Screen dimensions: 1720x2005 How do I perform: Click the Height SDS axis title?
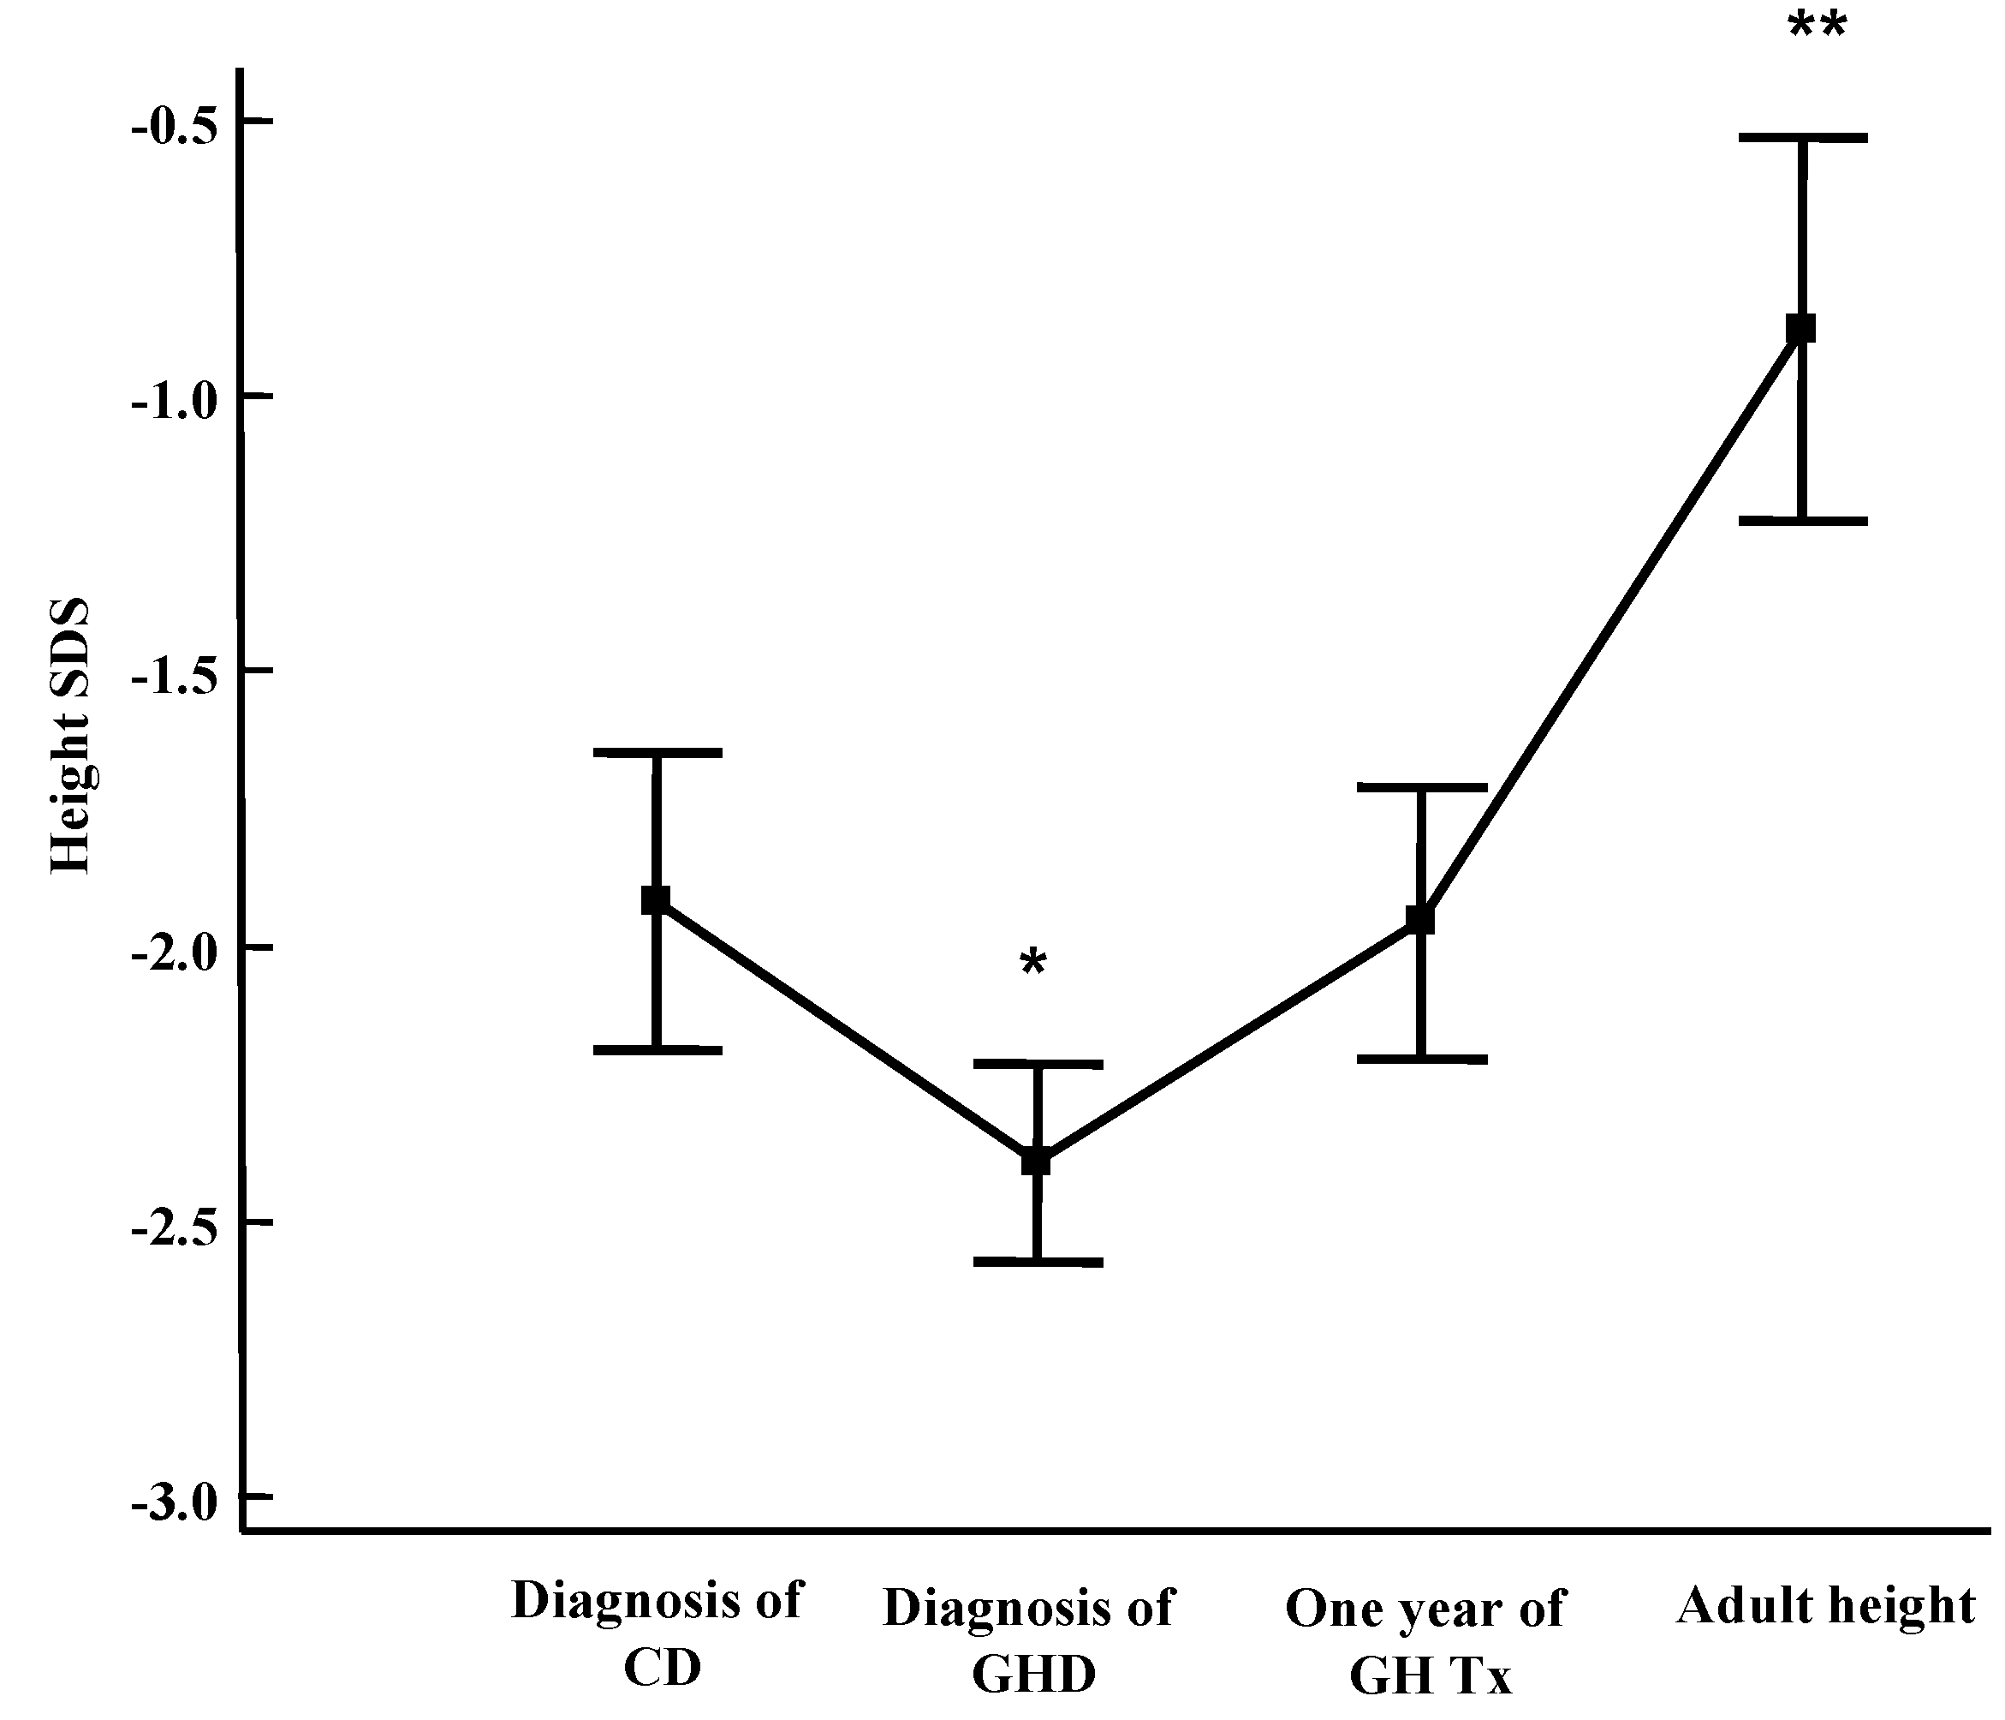(69, 736)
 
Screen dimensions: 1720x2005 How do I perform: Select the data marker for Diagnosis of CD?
(657, 899)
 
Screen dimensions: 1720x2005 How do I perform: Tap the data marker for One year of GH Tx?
(1420, 918)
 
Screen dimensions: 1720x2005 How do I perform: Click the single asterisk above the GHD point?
(1033, 964)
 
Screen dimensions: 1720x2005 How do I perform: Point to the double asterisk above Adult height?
(1818, 27)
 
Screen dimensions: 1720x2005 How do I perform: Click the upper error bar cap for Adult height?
(1803, 139)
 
